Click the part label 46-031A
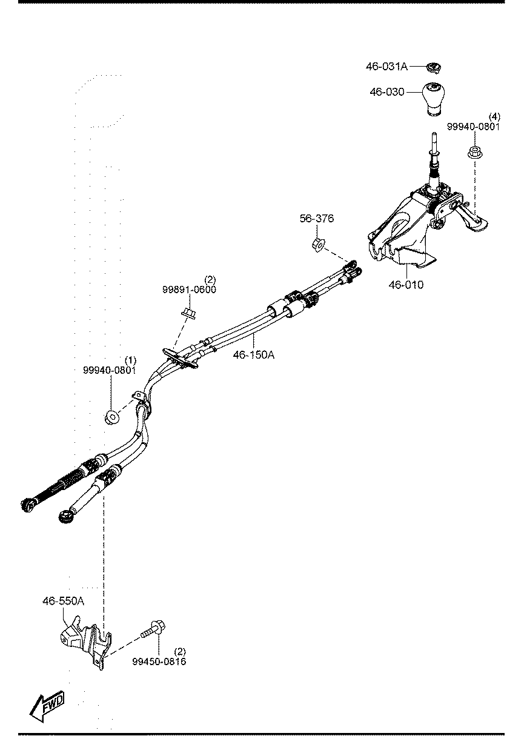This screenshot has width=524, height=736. [386, 67]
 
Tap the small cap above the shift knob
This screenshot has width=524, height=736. [434, 68]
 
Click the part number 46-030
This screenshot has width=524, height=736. [386, 92]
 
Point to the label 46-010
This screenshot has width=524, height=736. [406, 285]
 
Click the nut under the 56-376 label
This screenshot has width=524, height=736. [317, 245]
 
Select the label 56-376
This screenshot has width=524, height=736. [316, 218]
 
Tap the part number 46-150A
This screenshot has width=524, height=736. [253, 355]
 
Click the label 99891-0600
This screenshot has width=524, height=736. [189, 290]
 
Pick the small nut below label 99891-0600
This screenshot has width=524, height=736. [189, 313]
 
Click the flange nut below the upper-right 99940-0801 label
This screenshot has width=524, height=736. [475, 152]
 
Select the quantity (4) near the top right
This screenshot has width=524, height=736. [494, 117]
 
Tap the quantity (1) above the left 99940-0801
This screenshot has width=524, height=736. [130, 360]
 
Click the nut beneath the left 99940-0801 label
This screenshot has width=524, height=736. [111, 417]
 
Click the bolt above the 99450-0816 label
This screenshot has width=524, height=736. [153, 629]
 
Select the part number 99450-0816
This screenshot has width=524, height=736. [159, 661]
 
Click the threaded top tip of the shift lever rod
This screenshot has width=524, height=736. [434, 134]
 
